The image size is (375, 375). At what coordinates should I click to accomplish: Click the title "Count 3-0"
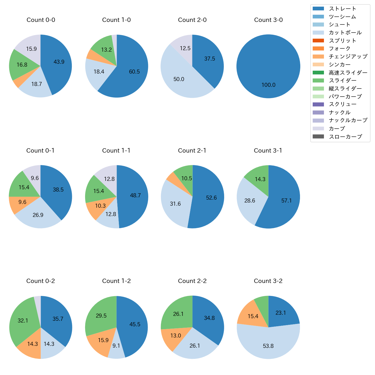point(268,20)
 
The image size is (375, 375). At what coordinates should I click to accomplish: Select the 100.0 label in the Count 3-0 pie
point(268,85)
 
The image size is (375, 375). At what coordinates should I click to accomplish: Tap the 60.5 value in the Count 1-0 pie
point(134,72)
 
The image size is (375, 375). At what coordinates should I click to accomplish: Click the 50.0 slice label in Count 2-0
point(179,79)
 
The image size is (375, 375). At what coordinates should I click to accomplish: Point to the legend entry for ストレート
point(342,9)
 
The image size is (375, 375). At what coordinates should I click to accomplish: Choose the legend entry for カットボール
point(345,33)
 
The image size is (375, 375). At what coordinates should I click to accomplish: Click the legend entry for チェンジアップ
point(348,57)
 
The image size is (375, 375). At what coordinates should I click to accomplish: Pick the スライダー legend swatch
point(318,80)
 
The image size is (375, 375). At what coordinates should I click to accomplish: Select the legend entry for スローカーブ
point(345,137)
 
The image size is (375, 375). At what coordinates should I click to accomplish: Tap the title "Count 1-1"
point(116,151)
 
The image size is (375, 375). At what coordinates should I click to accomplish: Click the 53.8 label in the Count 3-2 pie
point(268,346)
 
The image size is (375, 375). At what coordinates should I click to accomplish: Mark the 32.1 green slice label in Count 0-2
point(23,320)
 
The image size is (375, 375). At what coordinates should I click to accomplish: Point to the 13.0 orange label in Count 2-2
point(176,335)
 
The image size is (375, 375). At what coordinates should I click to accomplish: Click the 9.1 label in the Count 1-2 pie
point(116,346)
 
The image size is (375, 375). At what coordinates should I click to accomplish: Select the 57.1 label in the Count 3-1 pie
point(286,200)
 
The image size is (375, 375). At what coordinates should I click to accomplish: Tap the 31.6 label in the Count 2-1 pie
point(175,204)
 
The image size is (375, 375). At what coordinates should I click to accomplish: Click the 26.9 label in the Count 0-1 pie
point(38,215)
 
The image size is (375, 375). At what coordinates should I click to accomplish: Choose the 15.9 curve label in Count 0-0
point(31,49)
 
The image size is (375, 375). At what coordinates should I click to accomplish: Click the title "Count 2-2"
point(192,281)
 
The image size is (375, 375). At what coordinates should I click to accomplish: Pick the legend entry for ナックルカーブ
point(348,120)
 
